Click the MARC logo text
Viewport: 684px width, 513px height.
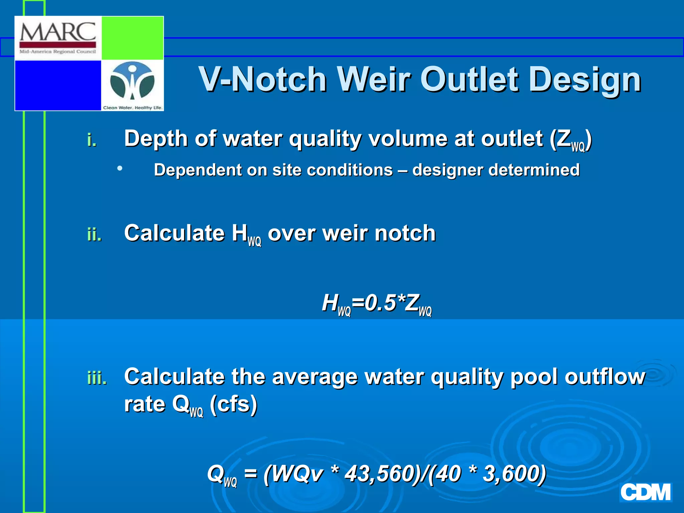point(58,33)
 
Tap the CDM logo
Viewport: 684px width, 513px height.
point(645,493)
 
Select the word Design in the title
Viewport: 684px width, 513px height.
point(584,80)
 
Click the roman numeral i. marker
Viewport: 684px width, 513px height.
point(92,140)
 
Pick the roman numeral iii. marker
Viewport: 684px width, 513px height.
point(97,378)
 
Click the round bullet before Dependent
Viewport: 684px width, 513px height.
point(120,169)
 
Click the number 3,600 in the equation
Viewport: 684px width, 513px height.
point(513,474)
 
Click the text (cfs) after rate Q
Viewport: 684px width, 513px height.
point(233,404)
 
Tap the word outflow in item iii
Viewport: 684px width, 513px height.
point(605,377)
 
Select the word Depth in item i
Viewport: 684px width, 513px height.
point(156,139)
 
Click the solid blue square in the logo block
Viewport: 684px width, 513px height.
point(58,85)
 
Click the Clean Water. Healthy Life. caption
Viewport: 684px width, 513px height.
point(133,108)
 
